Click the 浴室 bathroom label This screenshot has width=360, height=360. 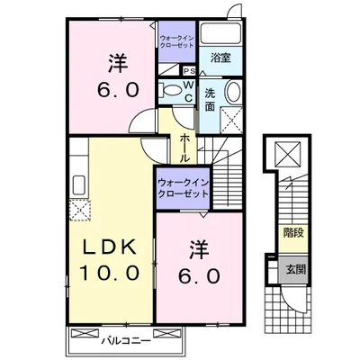pyautogui.click(x=220, y=57)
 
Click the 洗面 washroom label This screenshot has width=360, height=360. pyautogui.click(x=210, y=99)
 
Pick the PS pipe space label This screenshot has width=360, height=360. pyautogui.click(x=189, y=71)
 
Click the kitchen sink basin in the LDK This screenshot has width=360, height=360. pyautogui.click(x=76, y=184)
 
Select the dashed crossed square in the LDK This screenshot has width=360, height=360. pyautogui.click(x=77, y=209)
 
